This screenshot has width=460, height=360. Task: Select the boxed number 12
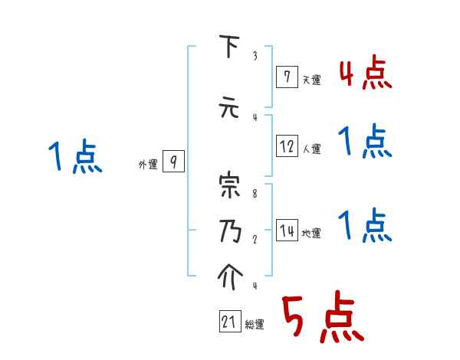tap(287, 146)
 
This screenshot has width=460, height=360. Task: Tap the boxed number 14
tap(287, 231)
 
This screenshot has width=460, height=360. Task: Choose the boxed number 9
tap(173, 161)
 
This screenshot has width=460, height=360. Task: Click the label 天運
tap(311, 79)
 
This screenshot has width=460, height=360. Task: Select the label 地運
tap(311, 234)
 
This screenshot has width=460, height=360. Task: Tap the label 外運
tap(147, 164)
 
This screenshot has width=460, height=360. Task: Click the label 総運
tap(255, 325)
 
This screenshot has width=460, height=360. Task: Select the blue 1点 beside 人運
tap(364, 142)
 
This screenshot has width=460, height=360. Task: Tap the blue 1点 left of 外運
tap(74, 158)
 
